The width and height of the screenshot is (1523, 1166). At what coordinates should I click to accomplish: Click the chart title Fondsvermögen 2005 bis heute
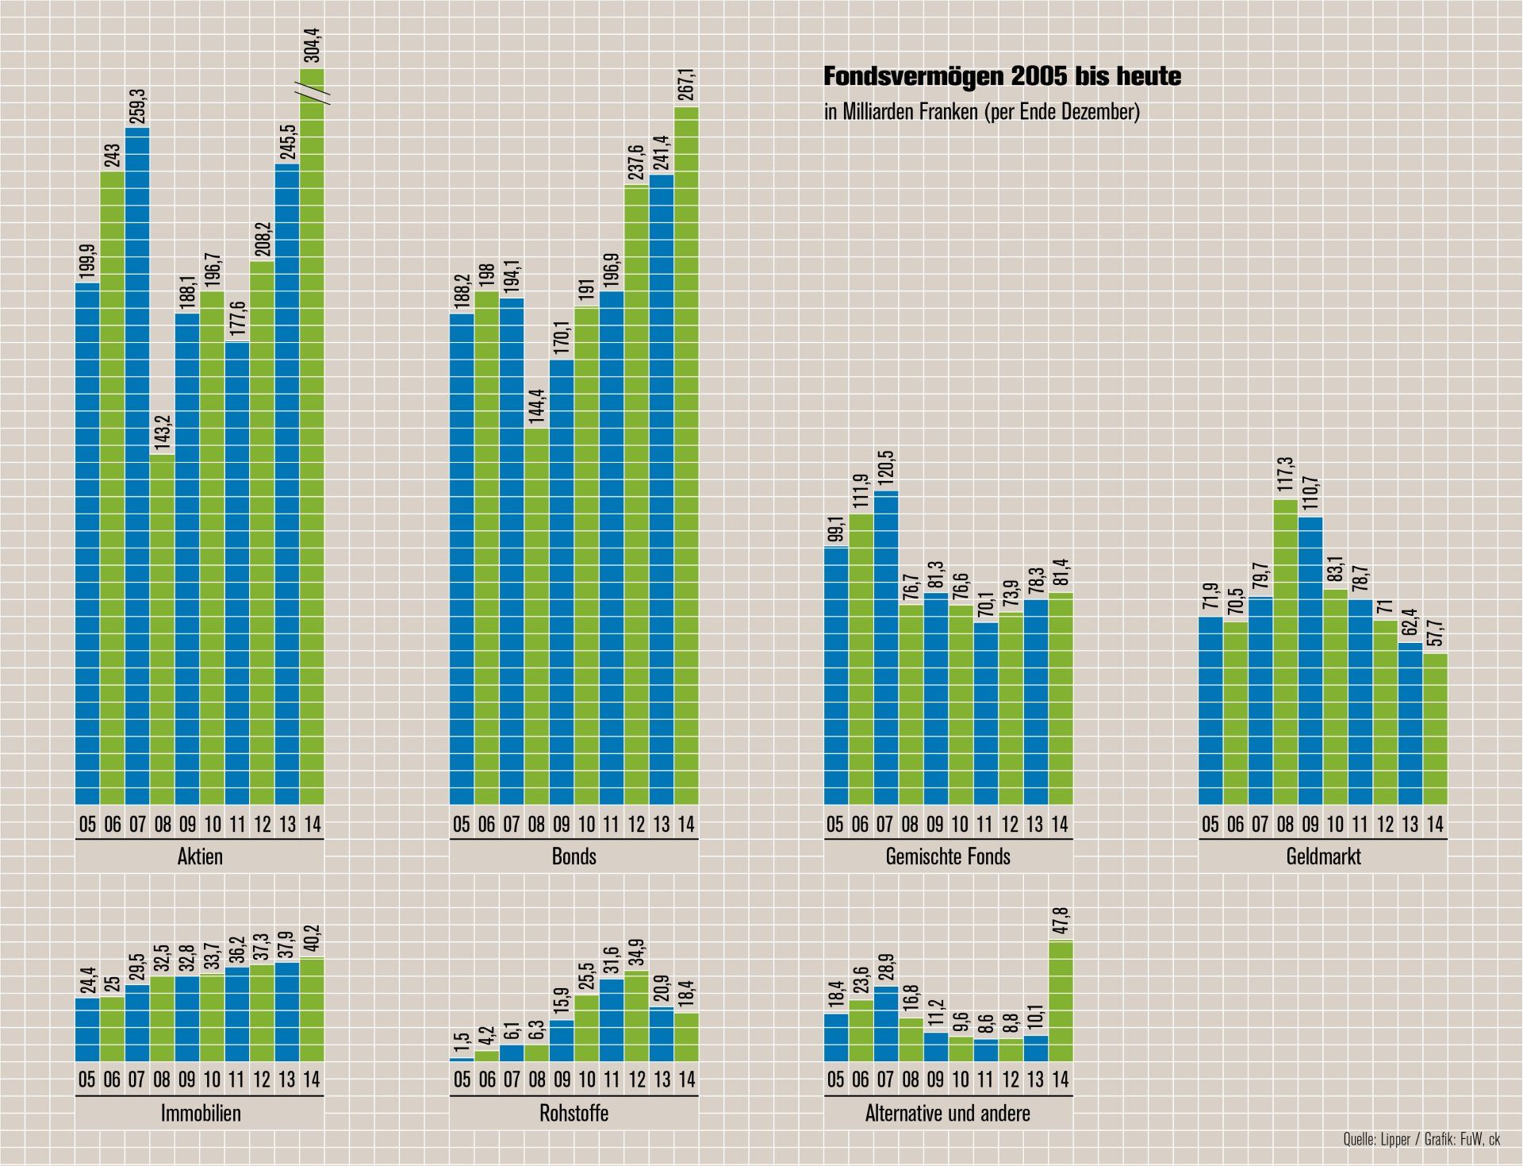click(1002, 76)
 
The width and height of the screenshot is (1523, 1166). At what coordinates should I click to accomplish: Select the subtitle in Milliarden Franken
click(981, 112)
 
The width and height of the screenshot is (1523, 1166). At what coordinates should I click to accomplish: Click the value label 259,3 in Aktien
click(138, 106)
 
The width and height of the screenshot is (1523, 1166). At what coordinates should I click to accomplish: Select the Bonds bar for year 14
click(686, 456)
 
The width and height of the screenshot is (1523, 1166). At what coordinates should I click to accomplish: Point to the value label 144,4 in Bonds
click(537, 406)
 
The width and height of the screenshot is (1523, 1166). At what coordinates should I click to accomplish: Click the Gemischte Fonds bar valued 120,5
click(886, 648)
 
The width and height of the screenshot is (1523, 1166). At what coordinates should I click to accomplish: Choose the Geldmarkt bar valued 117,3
click(1286, 652)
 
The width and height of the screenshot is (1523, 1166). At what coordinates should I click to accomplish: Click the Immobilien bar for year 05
click(87, 1029)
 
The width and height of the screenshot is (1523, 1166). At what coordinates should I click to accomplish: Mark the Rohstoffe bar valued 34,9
click(637, 1016)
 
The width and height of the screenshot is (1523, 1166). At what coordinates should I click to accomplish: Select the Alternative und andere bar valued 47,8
click(1061, 1001)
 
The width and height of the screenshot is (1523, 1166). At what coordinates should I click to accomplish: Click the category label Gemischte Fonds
click(948, 856)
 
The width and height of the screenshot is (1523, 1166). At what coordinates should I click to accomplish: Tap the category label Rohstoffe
click(574, 1113)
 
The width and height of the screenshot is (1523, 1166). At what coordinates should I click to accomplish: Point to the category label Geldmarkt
click(1323, 856)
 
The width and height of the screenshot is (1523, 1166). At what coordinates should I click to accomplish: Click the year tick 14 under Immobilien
click(312, 1079)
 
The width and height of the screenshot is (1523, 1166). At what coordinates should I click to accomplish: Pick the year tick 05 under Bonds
click(462, 825)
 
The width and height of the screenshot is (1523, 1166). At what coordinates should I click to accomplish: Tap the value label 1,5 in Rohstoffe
click(462, 1041)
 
